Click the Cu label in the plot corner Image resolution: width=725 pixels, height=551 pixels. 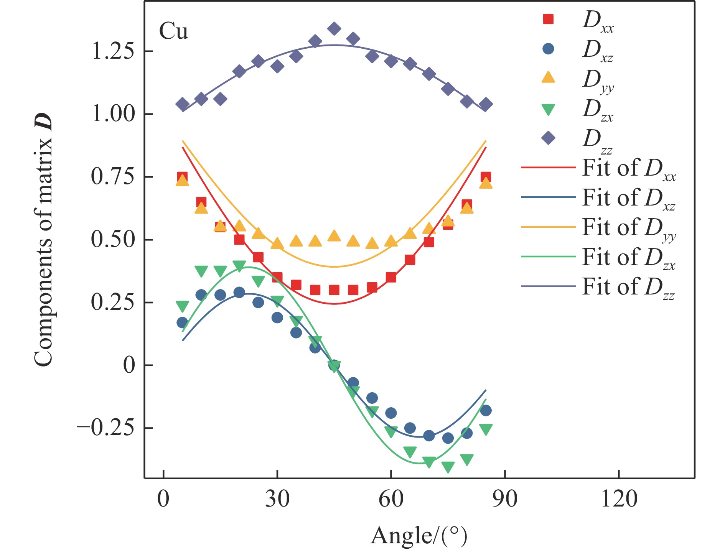coord(173,31)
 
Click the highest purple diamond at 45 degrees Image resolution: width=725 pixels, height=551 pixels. coord(334,29)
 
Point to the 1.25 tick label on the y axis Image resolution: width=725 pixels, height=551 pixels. coord(113,51)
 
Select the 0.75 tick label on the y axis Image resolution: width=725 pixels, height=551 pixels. coord(113,177)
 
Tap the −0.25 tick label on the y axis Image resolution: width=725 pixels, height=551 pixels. coord(105,428)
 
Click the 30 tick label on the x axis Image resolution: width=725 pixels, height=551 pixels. coord(277,500)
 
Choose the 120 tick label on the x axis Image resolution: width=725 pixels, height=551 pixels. coord(619,500)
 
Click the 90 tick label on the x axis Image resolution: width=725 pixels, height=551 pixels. coord(505,500)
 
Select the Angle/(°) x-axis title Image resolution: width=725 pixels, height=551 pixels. coord(419,536)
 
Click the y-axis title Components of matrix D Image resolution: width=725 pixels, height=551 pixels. coord(43,240)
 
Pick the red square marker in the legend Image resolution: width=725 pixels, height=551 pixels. coord(549,19)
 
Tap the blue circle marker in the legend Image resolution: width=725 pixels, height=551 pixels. coord(549,49)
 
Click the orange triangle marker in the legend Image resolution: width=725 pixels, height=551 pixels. coord(549,78)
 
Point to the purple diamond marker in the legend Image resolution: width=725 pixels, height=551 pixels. coord(549,138)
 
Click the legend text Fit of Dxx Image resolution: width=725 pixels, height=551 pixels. coord(629,169)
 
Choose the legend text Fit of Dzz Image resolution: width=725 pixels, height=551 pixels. coord(628,287)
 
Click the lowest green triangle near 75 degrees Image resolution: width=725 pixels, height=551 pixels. coord(448,467)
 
